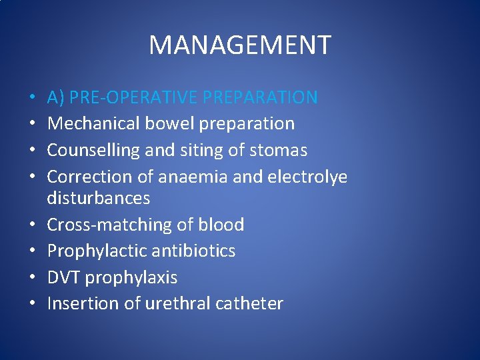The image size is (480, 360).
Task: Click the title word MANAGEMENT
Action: click(239, 45)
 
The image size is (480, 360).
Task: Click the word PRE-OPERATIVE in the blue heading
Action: click(134, 97)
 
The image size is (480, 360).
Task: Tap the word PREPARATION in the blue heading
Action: click(261, 97)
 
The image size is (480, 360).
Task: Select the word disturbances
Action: click(99, 198)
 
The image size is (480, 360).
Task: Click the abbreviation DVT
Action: click(64, 277)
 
